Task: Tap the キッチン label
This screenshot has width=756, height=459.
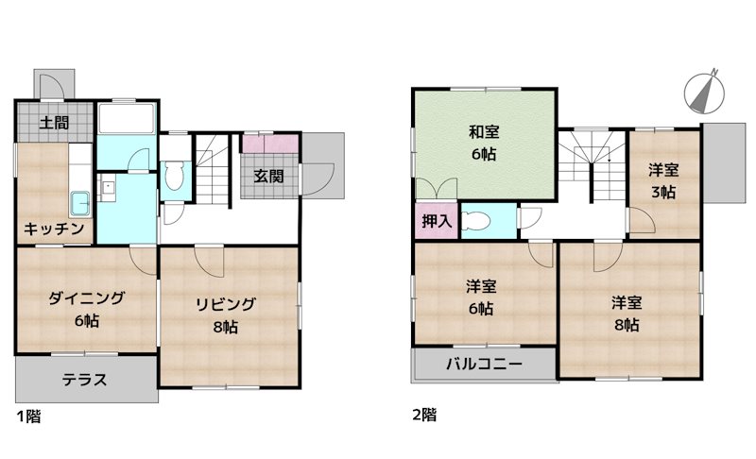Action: (x=55, y=229)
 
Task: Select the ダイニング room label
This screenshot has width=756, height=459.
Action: (x=86, y=299)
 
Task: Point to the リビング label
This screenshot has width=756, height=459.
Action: (x=225, y=305)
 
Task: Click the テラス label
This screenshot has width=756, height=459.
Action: (x=84, y=381)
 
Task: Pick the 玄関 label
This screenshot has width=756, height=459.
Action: (x=269, y=176)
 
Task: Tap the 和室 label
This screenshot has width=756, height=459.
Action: (x=482, y=132)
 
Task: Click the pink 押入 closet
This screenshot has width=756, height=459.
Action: (x=437, y=222)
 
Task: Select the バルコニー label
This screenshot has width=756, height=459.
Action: (x=484, y=364)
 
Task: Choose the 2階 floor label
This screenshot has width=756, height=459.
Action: (x=423, y=415)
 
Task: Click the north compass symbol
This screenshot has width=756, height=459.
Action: (x=703, y=92)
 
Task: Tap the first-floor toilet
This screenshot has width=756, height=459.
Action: (x=175, y=177)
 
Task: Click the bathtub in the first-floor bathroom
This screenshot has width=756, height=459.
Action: (x=126, y=120)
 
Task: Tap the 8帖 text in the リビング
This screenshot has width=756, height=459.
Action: (x=225, y=327)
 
